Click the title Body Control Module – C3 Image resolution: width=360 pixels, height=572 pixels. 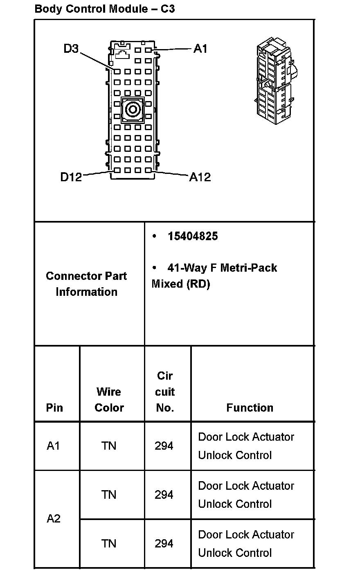(105, 9)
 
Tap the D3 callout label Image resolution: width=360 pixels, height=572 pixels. (71, 49)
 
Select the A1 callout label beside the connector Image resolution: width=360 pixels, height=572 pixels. (200, 49)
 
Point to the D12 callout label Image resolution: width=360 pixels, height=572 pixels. (71, 177)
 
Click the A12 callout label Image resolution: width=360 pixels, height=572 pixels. (200, 177)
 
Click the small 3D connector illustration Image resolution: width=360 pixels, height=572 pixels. (274, 79)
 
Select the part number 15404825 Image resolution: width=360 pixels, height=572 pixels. (192, 236)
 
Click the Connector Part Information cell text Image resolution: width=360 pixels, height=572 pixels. (86, 284)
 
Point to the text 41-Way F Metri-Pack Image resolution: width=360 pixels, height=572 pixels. (222, 268)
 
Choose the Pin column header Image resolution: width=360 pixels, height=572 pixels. (54, 408)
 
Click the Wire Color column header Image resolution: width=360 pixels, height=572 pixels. (109, 399)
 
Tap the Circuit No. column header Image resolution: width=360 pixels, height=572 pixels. (165, 392)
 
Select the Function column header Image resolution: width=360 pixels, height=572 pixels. (250, 408)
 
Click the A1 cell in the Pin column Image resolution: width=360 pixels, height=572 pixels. (53, 446)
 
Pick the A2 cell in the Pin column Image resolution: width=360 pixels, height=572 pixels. (54, 519)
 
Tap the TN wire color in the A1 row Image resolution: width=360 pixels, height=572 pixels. (109, 446)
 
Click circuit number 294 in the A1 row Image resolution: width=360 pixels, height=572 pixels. (164, 446)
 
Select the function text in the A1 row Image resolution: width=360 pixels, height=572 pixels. (246, 446)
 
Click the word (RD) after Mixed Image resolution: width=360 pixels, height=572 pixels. (198, 284)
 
